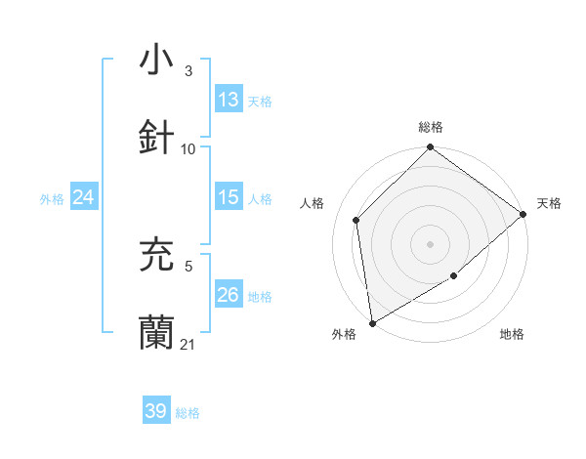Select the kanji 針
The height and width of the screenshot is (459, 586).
tap(156, 139)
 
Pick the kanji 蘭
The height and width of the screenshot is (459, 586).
tap(156, 333)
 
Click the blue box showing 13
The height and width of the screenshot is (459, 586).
tap(229, 100)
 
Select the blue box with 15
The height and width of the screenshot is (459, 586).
tap(229, 197)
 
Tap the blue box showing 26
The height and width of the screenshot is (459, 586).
tap(229, 295)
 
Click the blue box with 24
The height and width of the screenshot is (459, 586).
tap(84, 197)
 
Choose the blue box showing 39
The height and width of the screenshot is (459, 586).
tap(156, 411)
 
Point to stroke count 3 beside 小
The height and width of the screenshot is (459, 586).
tap(188, 71)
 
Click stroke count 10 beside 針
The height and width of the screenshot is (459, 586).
tap(188, 149)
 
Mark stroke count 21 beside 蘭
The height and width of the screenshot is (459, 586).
tap(188, 345)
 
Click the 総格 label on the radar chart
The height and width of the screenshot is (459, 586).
tap(431, 127)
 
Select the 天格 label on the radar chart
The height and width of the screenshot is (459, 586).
tap(549, 203)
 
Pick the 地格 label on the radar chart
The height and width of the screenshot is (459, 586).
tap(512, 334)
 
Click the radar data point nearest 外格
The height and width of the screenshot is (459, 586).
tap(372, 323)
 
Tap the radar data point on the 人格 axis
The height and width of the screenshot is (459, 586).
tap(356, 220)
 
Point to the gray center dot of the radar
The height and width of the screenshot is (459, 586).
tap(431, 243)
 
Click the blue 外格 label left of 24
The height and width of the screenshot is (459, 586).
tap(52, 198)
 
